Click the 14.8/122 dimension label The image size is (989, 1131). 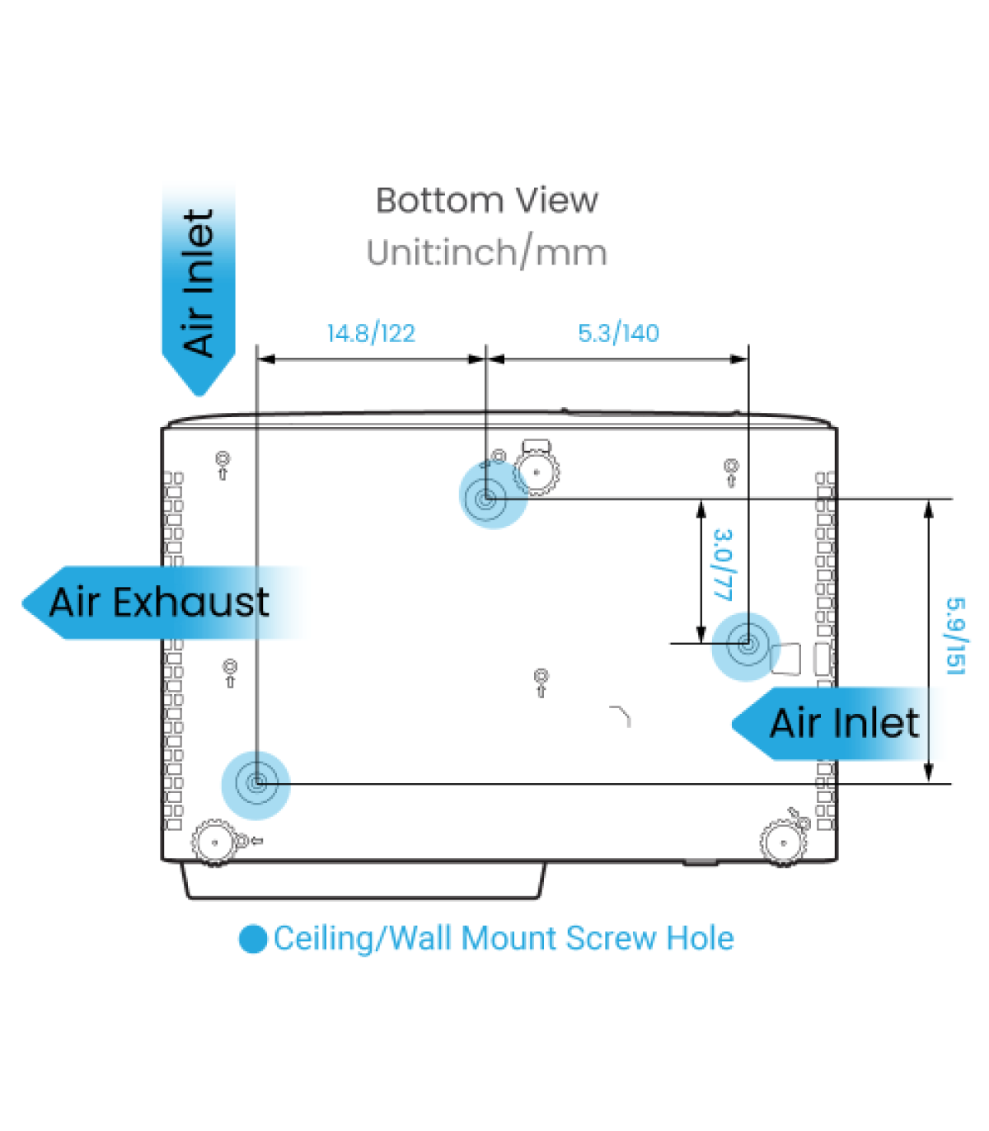(x=371, y=333)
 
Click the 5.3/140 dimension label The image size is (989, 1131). (x=618, y=333)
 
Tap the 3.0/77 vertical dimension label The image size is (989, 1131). (x=723, y=565)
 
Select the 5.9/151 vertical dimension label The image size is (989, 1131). (x=955, y=636)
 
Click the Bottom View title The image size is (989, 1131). (x=486, y=200)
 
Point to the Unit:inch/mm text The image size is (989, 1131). (x=486, y=252)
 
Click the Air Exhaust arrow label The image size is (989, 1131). (x=158, y=603)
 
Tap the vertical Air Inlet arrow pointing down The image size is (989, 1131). (x=199, y=284)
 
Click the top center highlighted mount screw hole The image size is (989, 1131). (x=486, y=498)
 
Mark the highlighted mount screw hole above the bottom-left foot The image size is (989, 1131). (x=256, y=783)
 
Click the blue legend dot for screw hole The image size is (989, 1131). (x=253, y=939)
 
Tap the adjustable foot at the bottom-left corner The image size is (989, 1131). (x=213, y=842)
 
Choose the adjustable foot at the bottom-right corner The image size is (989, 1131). (x=782, y=842)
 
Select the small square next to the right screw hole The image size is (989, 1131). (x=785, y=658)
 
